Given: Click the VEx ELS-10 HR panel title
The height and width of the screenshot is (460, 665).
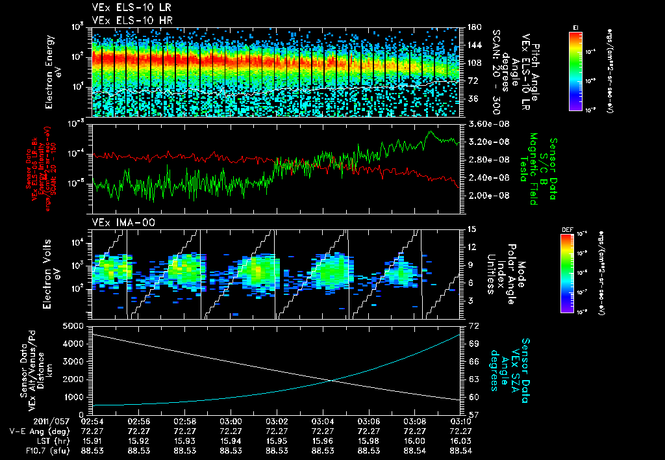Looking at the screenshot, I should tap(121, 21).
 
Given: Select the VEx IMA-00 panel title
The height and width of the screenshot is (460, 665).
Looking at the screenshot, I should tap(115, 222).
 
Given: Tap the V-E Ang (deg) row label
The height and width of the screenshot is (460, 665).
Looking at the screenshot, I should tap(38, 431).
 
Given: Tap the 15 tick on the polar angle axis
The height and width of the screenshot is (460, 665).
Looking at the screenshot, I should tap(472, 229).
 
